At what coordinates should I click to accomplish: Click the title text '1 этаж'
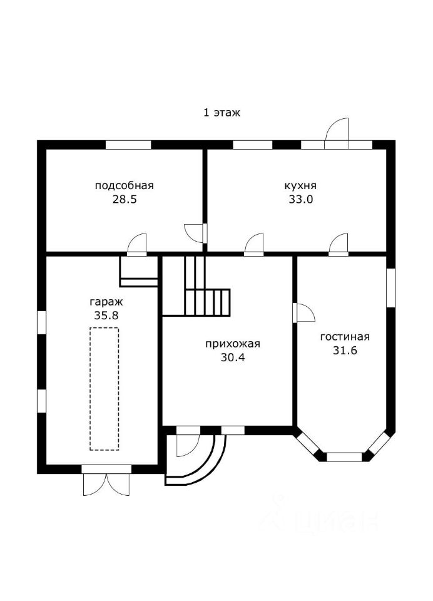pos(222,113)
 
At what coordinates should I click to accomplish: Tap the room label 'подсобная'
pos(124,185)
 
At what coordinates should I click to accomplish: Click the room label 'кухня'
pos(300,185)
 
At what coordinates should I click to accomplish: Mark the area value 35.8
pos(106,316)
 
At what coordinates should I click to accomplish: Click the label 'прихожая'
pos(232,344)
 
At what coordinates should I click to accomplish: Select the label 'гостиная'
pos(345,337)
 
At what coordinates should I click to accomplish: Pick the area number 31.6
pos(345,351)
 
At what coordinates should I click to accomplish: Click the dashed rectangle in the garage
pos(104,389)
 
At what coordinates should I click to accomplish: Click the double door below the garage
pos(106,481)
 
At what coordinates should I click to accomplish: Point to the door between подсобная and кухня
pos(197,232)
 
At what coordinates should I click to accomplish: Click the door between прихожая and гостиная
pos(303,312)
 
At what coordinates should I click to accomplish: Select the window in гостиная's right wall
pos(391,288)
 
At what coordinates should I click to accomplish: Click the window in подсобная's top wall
pos(128,145)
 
